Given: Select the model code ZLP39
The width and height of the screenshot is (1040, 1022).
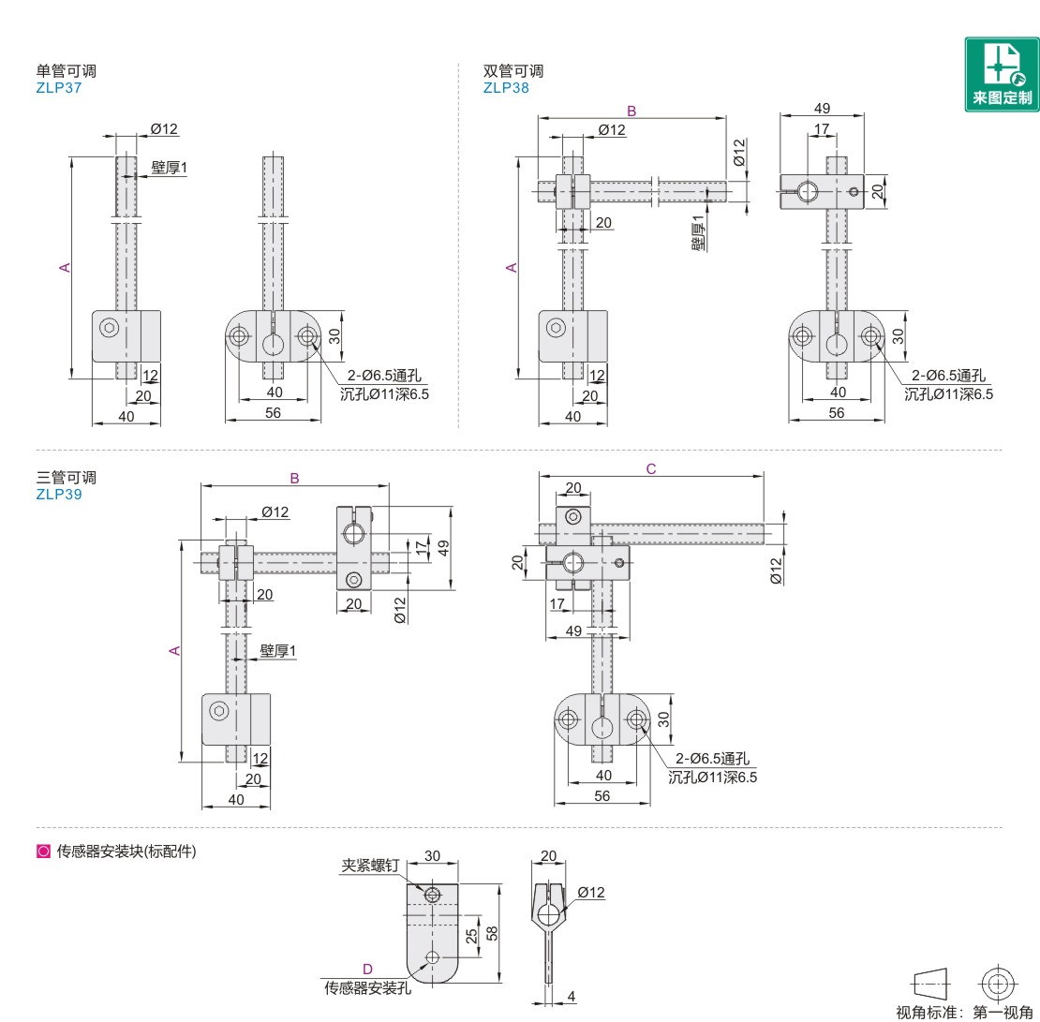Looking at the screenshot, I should (x=59, y=495).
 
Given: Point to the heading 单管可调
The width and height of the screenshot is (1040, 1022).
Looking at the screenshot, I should (x=66, y=71).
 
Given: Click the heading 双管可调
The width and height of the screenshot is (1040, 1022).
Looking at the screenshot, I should (x=513, y=71).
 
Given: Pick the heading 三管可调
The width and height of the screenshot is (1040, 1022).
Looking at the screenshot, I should (x=66, y=477).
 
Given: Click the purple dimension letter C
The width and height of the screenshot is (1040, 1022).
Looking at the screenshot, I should (x=651, y=469).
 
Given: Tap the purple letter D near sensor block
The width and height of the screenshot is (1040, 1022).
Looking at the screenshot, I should (x=367, y=969).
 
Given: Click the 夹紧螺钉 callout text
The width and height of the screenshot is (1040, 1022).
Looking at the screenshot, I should (x=370, y=866).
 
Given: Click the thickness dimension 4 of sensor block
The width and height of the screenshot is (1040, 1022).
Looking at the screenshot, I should (x=572, y=997).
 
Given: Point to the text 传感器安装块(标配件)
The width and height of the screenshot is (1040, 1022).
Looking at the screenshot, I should (x=126, y=852).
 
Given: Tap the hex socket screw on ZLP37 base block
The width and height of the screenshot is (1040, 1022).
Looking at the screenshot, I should (x=110, y=327).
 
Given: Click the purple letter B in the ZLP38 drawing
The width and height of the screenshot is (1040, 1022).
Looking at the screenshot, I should (x=631, y=111).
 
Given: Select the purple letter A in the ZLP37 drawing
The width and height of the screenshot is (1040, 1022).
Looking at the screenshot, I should (x=65, y=268).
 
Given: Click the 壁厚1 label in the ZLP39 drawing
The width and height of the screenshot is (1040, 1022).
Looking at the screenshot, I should (x=277, y=650).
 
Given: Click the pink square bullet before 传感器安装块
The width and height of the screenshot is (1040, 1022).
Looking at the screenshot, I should (x=42, y=852).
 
